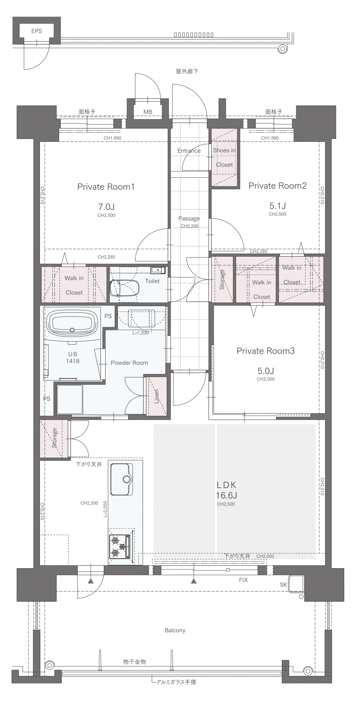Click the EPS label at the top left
point(37,31)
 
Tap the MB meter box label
point(148,112)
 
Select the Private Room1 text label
point(106,187)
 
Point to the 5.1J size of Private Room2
point(278,206)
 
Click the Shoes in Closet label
point(224,158)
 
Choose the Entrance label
point(189,151)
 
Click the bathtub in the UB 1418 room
point(72,324)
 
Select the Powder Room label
point(129,363)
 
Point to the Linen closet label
point(156,396)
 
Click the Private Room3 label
point(266,351)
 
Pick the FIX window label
point(243,580)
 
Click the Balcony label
point(175,630)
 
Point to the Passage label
point(189,218)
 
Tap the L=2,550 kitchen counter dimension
point(105,509)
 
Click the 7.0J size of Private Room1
point(106,207)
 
